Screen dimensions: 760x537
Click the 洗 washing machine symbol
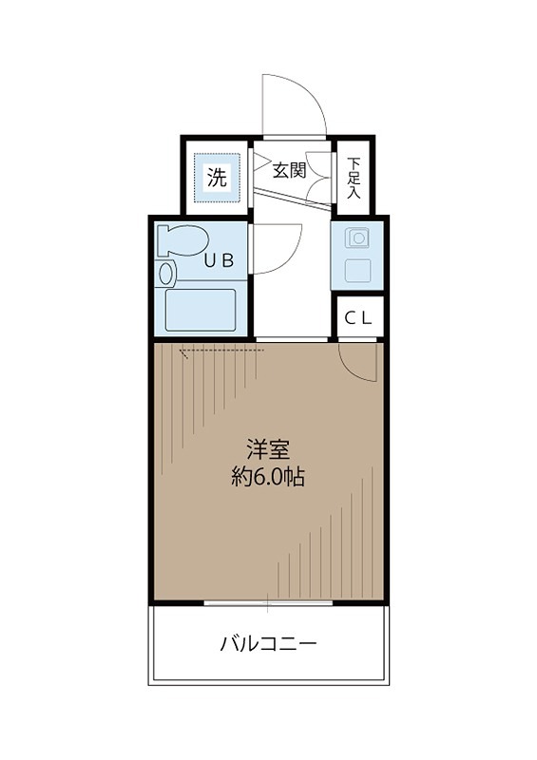[x=218, y=177]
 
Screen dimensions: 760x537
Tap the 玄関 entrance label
[x=289, y=171]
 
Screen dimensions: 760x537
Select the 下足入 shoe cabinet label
[x=354, y=178]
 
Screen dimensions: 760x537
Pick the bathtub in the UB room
[x=201, y=309]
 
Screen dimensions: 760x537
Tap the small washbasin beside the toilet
[x=167, y=275]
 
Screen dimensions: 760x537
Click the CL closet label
[x=358, y=318]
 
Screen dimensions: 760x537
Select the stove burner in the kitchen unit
[x=358, y=237]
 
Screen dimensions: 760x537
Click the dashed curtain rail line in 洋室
[x=221, y=350]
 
